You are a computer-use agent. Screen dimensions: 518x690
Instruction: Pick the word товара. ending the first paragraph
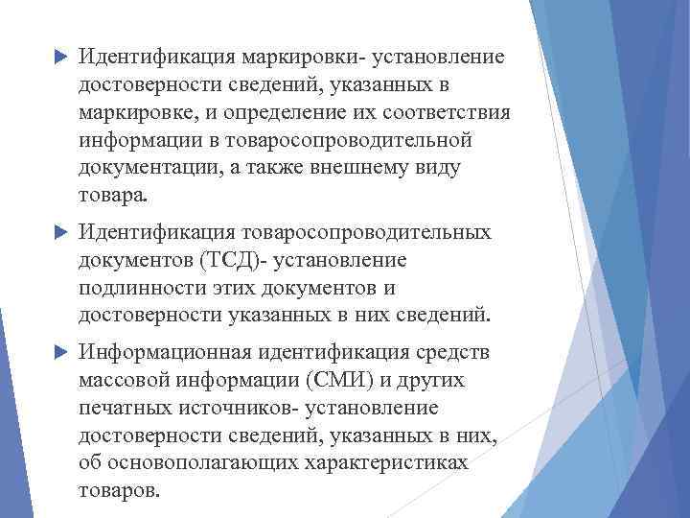point(115,197)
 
